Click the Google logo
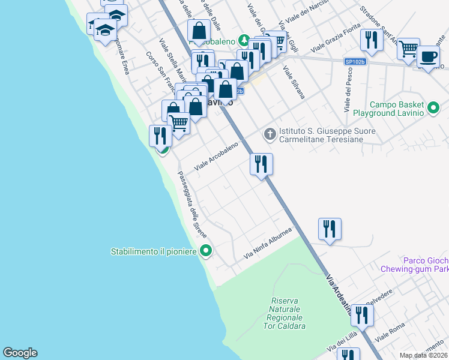click(x=20, y=353)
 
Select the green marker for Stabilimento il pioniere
click(x=206, y=251)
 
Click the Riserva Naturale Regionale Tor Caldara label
click(x=288, y=313)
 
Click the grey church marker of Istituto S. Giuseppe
click(x=270, y=133)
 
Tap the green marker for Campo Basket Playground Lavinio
click(x=434, y=109)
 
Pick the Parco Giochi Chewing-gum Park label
click(x=414, y=265)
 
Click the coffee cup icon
click(x=428, y=56)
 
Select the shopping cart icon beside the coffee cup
click(x=408, y=48)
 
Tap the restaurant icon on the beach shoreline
click(x=160, y=135)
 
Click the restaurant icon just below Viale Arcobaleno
click(x=261, y=163)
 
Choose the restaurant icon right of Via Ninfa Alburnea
click(x=330, y=229)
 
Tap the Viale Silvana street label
click(x=294, y=84)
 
